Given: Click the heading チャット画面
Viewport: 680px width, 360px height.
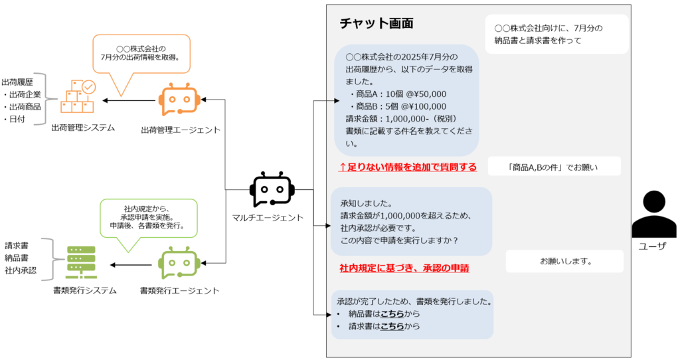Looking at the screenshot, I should coord(377,23).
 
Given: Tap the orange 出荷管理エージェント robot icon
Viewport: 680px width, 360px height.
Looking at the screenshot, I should coord(179,100).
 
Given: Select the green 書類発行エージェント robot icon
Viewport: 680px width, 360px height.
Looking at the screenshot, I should coord(179,264).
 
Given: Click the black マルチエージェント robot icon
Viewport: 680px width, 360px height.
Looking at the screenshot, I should coord(272,190).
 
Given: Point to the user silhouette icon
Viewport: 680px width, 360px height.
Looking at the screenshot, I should coord(653,215).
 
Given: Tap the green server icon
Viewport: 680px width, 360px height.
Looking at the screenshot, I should coord(81,262).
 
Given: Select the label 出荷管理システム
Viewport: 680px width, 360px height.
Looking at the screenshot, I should coord(83,128).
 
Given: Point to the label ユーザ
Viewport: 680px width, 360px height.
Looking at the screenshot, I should coord(652,246).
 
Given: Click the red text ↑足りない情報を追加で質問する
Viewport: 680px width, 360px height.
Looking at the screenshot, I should coord(408,167).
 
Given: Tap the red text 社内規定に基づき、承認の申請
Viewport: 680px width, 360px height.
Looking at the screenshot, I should coord(404,268).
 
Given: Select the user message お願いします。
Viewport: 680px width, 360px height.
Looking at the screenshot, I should coord(565,261).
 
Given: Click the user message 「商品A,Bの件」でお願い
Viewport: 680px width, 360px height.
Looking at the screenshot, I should coord(554,167).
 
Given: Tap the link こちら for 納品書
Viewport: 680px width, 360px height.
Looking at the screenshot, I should coord(392,314).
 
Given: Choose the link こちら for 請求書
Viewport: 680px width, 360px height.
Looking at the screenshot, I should coord(392,326).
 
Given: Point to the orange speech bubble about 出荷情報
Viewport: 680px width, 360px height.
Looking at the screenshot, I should coord(141,54).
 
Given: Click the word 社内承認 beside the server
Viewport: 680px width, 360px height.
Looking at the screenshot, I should coord(21,271).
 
